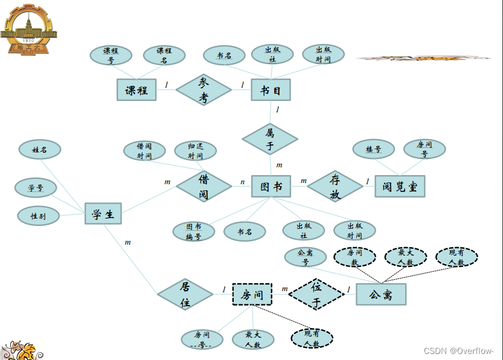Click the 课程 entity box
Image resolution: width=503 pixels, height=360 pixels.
click(x=136, y=90)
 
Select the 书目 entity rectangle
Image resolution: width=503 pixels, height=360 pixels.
click(x=271, y=90)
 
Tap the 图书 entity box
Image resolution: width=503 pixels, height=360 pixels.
click(x=271, y=187)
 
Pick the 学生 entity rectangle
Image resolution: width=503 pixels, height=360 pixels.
click(x=103, y=213)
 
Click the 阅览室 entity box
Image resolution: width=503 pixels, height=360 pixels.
click(x=400, y=187)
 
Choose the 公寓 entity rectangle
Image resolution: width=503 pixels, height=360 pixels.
click(x=380, y=295)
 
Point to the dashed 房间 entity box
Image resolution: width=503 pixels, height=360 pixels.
click(x=252, y=295)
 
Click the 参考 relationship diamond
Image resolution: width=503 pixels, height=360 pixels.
click(x=203, y=90)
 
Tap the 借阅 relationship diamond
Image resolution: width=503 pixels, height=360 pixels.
click(x=204, y=186)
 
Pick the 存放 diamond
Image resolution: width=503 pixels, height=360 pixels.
click(x=335, y=186)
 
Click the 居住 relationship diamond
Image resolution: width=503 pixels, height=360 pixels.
click(x=185, y=294)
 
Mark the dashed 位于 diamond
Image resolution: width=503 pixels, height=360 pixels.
click(x=316, y=294)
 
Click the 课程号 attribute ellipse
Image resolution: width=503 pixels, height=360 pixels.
click(x=111, y=55)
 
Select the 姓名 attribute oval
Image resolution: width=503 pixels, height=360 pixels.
click(x=40, y=149)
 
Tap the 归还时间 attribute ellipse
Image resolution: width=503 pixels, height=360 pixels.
click(x=195, y=150)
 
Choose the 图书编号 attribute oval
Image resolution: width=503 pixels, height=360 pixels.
click(x=193, y=231)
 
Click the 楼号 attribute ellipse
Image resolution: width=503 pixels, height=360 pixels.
click(x=373, y=149)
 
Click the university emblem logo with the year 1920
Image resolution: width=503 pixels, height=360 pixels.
click(x=27, y=28)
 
